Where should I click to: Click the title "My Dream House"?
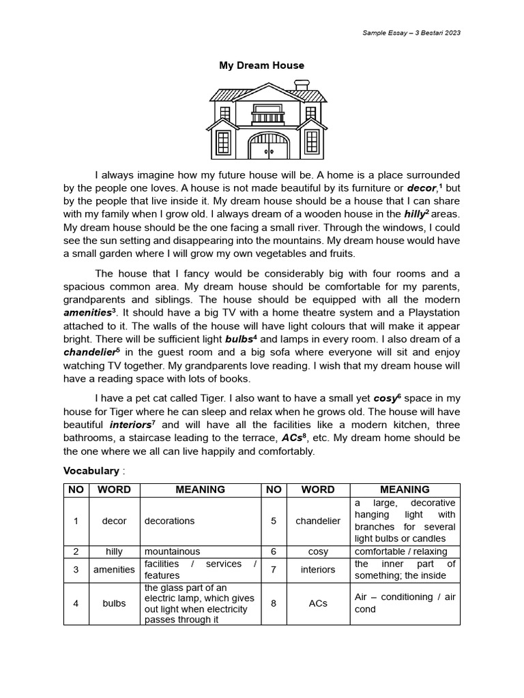pos(261,65)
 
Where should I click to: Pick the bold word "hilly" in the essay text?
pos(414,214)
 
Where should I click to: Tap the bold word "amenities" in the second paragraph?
pos(87,312)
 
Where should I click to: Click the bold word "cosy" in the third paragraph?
pos(385,398)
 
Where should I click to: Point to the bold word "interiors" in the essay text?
pos(130,425)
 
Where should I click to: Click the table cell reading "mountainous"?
pos(172,551)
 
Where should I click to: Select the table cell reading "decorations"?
pos(169,521)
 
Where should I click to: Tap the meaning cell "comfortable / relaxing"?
pos(401,551)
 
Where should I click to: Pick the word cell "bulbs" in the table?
pos(114,603)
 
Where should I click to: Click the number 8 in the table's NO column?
pos(274,603)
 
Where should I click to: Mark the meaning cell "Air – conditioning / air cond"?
pos(405,603)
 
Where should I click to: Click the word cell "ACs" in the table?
pos(318,603)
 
